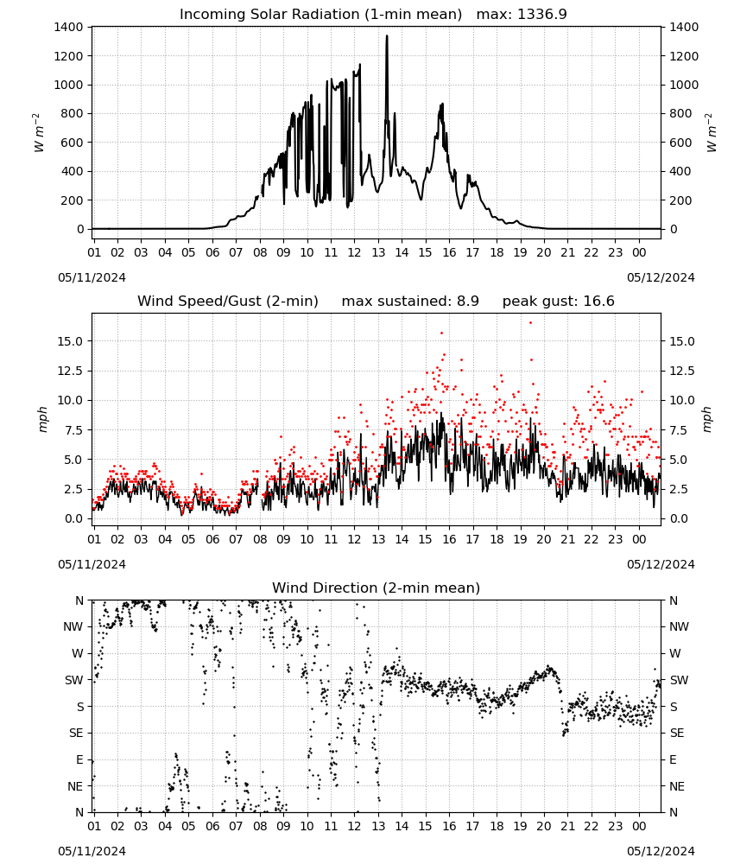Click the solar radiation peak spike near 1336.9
coord(387,36)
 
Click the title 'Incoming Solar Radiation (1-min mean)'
coord(320,15)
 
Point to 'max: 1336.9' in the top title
coord(522,15)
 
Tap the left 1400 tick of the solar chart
coord(68,27)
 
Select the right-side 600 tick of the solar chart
coord(680,143)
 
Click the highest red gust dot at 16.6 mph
coord(530,323)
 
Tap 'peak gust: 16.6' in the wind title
coord(559,302)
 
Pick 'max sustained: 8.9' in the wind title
coord(410,302)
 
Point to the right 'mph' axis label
coord(707,420)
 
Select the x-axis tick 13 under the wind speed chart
coord(378,539)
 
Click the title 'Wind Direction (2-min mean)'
coord(376,588)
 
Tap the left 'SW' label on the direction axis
coord(73,681)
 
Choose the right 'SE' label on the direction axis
coord(677,734)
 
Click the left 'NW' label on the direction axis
coord(73,627)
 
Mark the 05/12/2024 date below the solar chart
coord(661,277)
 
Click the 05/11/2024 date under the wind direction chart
coord(92,851)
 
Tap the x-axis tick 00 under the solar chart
coord(639,253)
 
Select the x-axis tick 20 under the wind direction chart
coord(544,827)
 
